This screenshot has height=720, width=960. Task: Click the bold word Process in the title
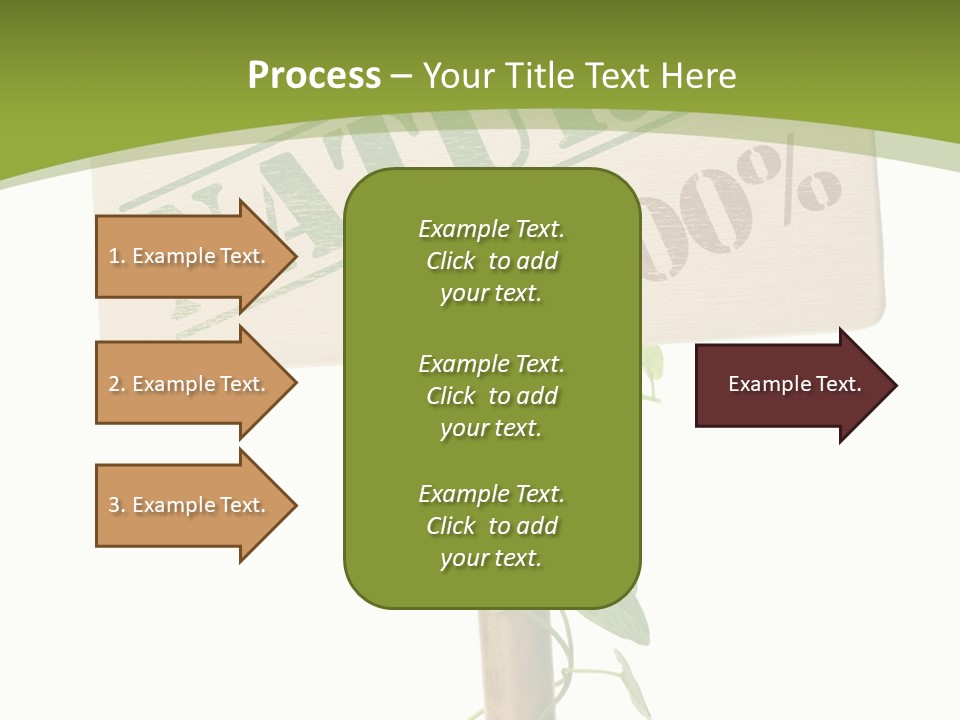[x=314, y=76]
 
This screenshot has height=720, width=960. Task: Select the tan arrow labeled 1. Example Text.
[x=190, y=256]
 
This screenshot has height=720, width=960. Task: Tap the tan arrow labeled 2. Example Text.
[x=190, y=384]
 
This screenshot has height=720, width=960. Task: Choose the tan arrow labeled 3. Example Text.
[x=190, y=505]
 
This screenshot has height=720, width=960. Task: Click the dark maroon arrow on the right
[x=790, y=385]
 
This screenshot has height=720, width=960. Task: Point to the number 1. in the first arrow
[x=116, y=256]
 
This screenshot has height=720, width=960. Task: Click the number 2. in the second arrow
[x=116, y=384]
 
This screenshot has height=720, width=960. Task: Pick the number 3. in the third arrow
[x=116, y=505]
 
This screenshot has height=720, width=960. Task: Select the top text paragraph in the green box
[x=491, y=261]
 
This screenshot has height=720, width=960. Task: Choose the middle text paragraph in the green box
[x=491, y=396]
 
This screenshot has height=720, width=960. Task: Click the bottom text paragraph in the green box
[x=491, y=526]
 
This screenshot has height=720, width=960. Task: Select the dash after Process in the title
[x=401, y=76]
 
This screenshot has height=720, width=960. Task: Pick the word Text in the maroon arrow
[x=838, y=384]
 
